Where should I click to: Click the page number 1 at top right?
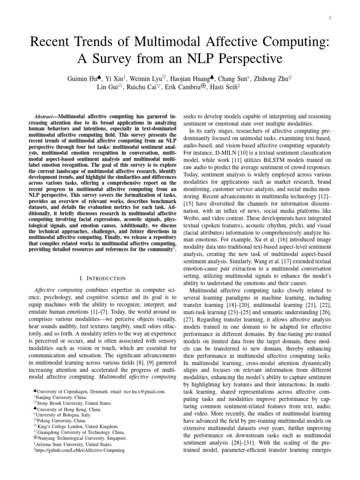click(x=331, y=18)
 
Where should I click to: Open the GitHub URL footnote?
click(x=79, y=450)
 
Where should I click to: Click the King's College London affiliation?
click(x=75, y=427)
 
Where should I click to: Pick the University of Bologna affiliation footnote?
click(x=61, y=415)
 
